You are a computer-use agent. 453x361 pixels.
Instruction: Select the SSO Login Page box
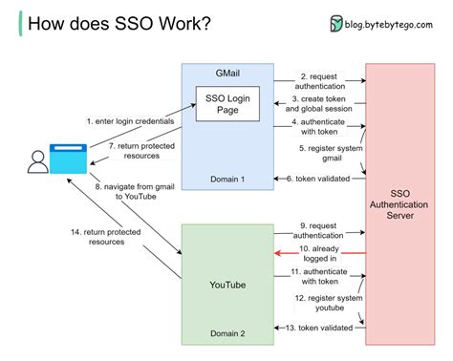click(x=227, y=103)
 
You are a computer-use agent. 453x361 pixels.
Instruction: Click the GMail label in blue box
click(x=227, y=73)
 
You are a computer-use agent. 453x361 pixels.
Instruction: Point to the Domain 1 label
click(x=227, y=179)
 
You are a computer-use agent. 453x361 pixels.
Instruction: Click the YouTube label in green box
click(x=227, y=284)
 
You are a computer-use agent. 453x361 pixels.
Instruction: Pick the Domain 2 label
click(x=227, y=332)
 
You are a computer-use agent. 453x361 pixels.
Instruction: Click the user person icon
click(x=37, y=163)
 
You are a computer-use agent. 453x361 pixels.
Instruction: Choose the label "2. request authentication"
click(x=318, y=81)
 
